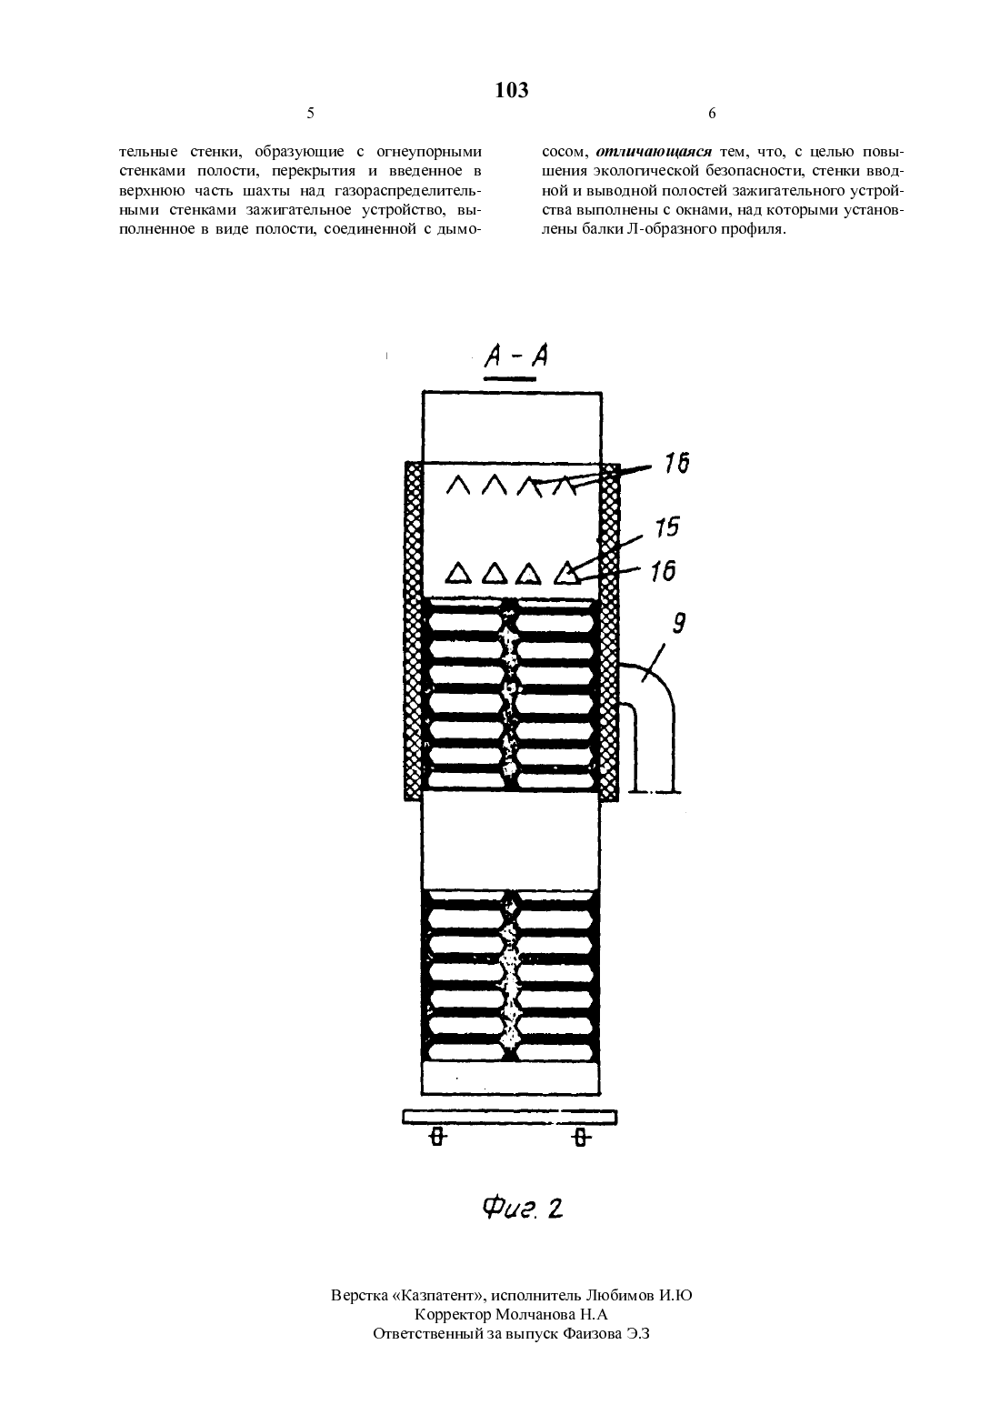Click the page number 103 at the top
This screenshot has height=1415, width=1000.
(511, 90)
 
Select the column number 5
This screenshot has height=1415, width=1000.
(310, 113)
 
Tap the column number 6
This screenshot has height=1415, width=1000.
(712, 113)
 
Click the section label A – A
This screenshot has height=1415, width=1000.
(515, 356)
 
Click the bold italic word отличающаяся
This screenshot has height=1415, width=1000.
(654, 152)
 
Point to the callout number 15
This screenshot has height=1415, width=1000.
(667, 527)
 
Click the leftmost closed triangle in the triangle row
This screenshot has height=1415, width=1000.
(458, 573)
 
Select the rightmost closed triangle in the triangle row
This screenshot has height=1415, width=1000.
(567, 573)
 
